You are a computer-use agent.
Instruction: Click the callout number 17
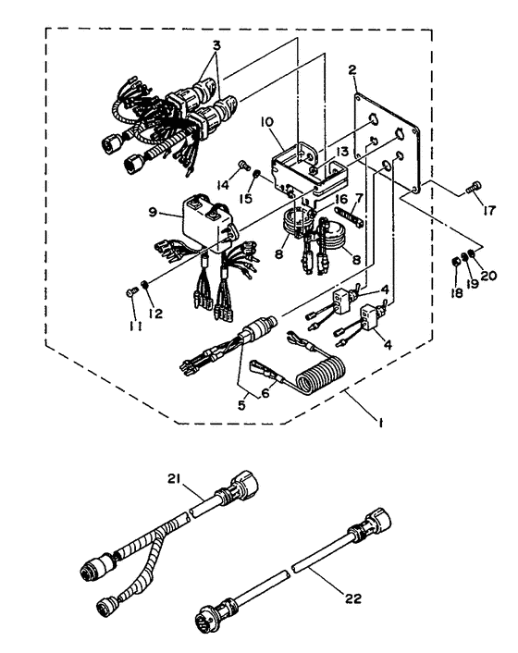click(x=489, y=210)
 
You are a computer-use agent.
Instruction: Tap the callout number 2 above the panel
click(x=352, y=70)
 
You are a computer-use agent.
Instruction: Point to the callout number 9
click(x=153, y=212)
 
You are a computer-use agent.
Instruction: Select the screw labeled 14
click(x=244, y=166)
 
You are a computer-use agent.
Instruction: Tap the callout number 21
click(x=174, y=479)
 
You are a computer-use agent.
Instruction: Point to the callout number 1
click(x=380, y=423)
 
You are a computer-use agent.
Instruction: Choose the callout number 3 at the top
click(x=216, y=45)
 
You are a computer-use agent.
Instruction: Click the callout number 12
click(x=155, y=314)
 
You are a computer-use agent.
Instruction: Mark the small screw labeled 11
click(x=130, y=293)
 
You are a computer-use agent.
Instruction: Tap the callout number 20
click(x=488, y=276)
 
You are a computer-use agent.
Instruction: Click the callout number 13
click(x=342, y=152)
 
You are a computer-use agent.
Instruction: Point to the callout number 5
click(x=241, y=405)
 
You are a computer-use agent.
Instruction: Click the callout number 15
click(x=246, y=198)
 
